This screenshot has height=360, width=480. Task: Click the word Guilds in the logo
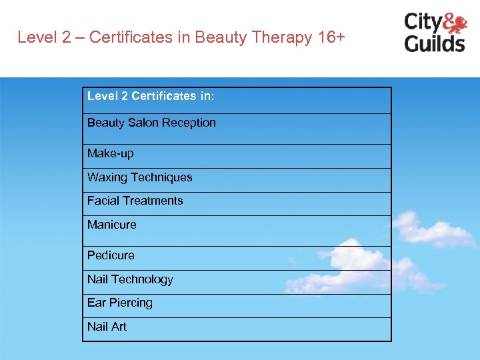pos(434,43)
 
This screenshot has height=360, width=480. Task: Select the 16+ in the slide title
pos(331,37)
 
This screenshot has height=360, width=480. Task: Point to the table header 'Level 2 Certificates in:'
pos(151,96)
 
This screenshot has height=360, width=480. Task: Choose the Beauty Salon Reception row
pos(151,123)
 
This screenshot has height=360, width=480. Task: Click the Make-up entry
pos(111,153)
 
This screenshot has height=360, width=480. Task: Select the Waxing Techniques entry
pos(139,177)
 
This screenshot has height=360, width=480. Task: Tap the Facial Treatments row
pos(135,201)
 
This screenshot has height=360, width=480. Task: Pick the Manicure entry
pos(111,225)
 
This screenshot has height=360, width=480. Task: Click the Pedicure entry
pos(111,255)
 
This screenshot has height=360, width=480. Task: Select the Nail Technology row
pos(130,279)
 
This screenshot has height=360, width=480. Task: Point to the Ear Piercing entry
pos(120,303)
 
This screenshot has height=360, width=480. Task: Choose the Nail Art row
pos(107,327)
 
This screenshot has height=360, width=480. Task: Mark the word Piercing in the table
pos(131,303)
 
